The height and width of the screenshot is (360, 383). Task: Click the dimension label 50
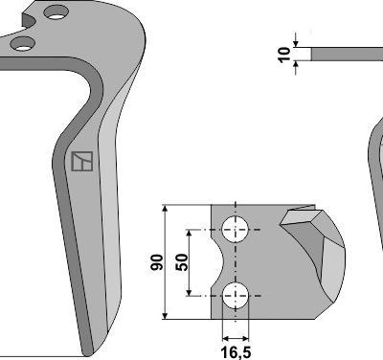(x=182, y=262)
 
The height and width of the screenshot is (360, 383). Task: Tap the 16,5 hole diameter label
(x=236, y=352)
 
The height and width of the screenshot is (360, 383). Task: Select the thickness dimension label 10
(x=284, y=55)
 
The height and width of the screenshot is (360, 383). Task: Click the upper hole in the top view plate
(x=236, y=229)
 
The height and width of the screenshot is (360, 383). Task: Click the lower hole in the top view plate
(x=236, y=296)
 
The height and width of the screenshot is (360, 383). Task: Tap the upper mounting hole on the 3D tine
(x=56, y=12)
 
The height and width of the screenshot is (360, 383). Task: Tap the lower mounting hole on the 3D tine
(x=22, y=44)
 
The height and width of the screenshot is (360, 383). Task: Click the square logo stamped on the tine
(x=82, y=161)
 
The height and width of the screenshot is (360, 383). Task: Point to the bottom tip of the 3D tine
(x=87, y=355)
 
